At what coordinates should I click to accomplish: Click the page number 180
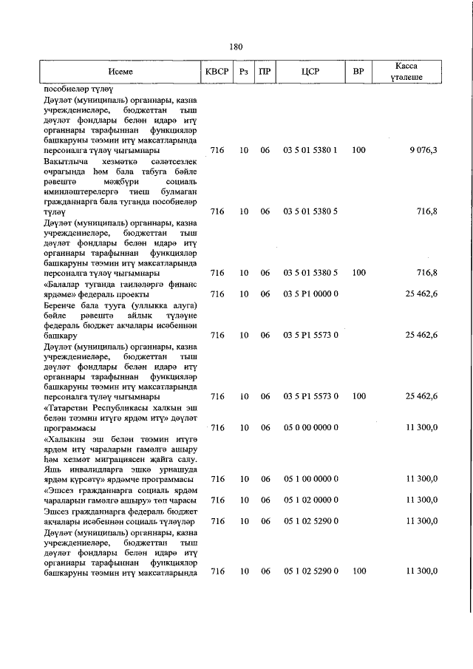pyautogui.click(x=236, y=47)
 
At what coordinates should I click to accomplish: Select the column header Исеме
pyautogui.click(x=120, y=72)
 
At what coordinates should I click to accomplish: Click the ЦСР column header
pyautogui.click(x=310, y=72)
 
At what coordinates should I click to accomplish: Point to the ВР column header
pyautogui.click(x=358, y=72)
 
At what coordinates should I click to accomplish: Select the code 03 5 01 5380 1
pyautogui.click(x=310, y=150)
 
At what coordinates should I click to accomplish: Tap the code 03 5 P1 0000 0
pyautogui.click(x=310, y=294)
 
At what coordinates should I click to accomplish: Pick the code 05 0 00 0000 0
pyautogui.click(x=310, y=427)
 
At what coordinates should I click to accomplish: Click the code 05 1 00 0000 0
pyautogui.click(x=310, y=479)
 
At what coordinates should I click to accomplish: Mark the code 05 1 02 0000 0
pyautogui.click(x=310, y=500)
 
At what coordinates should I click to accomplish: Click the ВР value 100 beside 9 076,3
pyautogui.click(x=358, y=150)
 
